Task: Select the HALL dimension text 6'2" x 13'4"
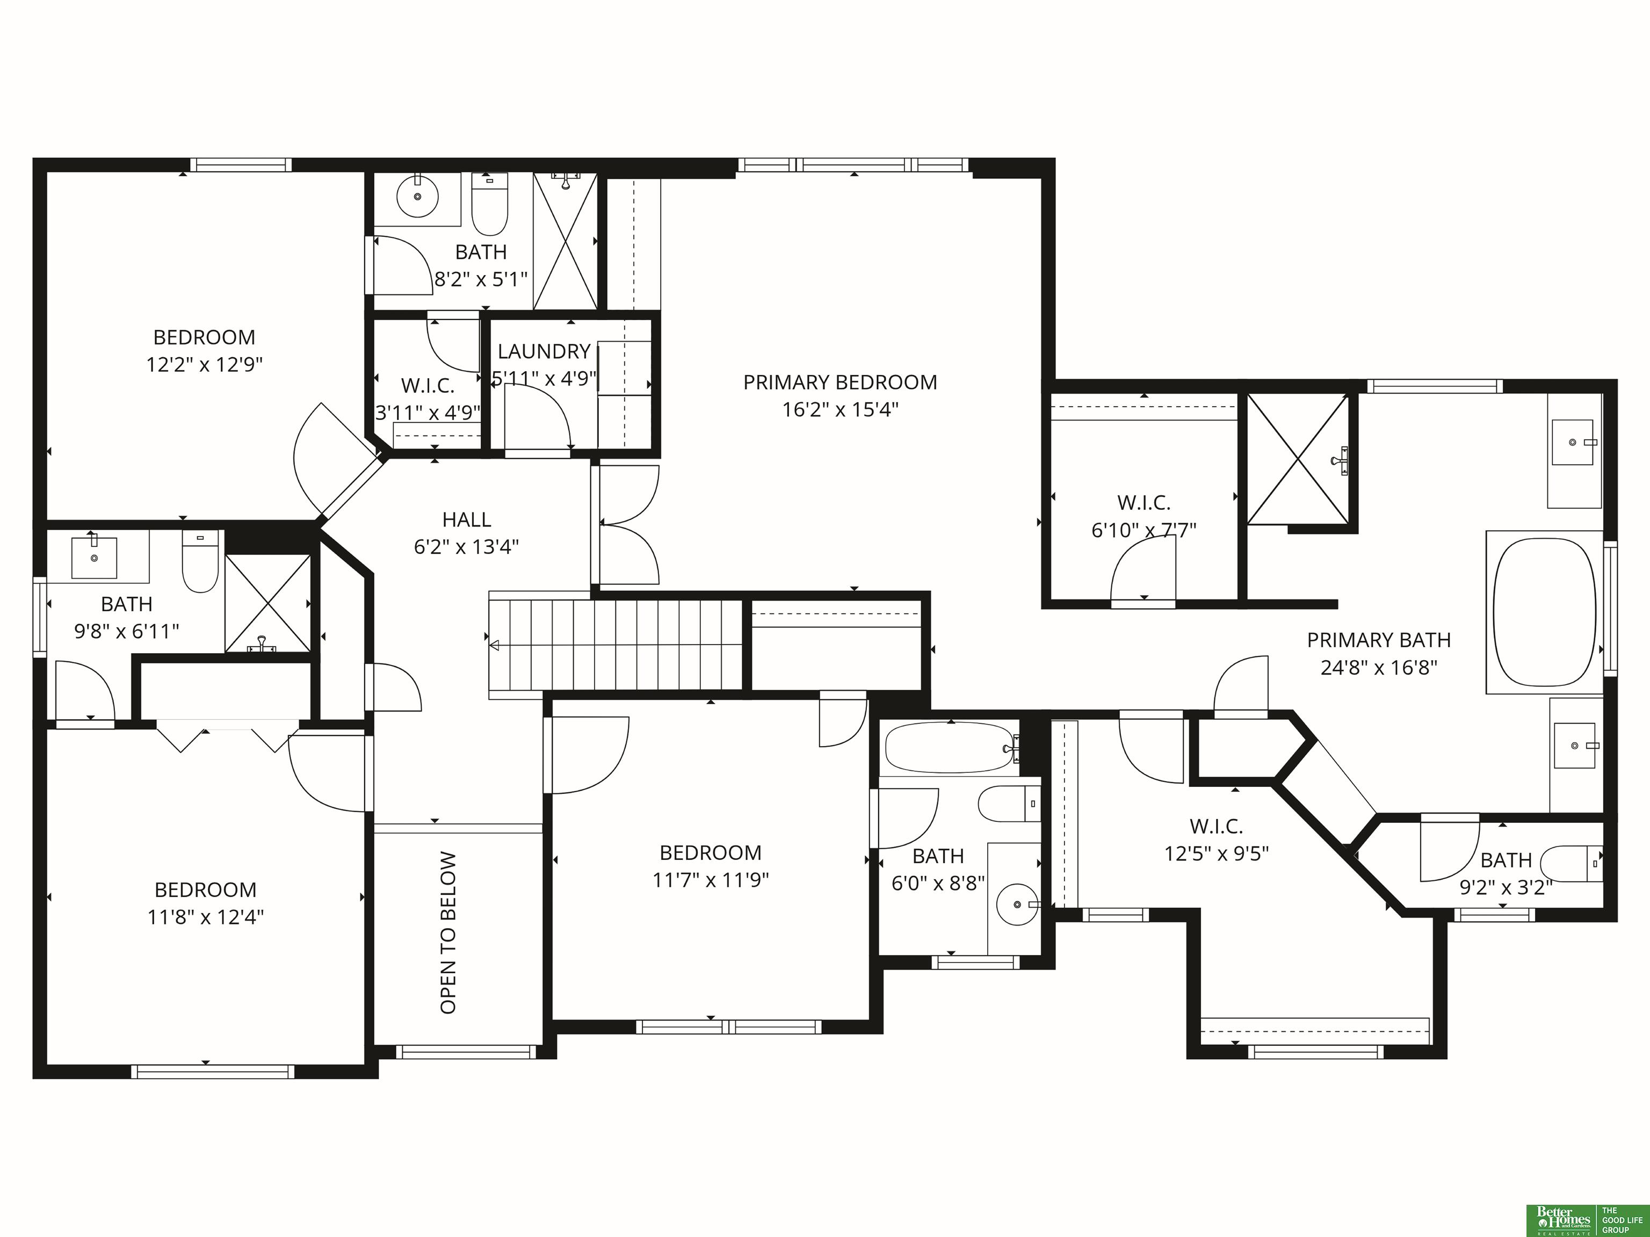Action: pyautogui.click(x=466, y=547)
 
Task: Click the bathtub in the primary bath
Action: pyautogui.click(x=1545, y=612)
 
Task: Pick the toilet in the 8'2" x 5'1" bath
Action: pyautogui.click(x=489, y=203)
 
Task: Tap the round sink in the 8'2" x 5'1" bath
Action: pyautogui.click(x=417, y=196)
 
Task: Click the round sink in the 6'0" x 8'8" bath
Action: pyautogui.click(x=1018, y=904)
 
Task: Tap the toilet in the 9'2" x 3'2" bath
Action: pyautogui.click(x=1571, y=864)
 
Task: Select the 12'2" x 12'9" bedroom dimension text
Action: pyautogui.click(x=205, y=365)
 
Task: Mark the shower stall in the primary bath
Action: pyautogui.click(x=1299, y=459)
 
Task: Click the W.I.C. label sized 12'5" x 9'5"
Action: pyautogui.click(x=1216, y=826)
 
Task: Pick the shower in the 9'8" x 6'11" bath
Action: pyautogui.click(x=268, y=604)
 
